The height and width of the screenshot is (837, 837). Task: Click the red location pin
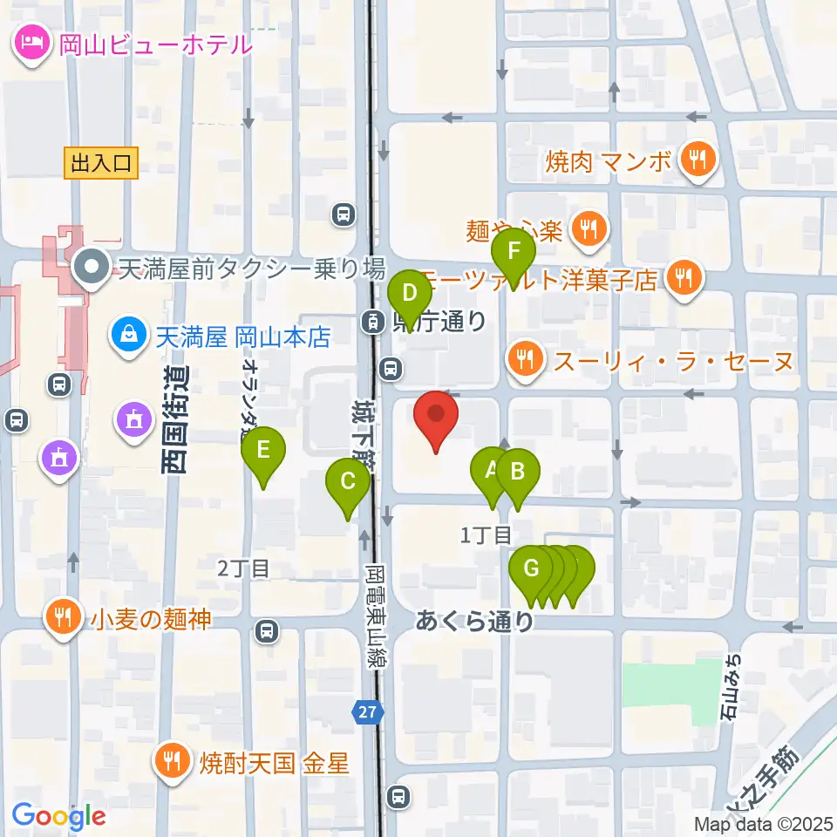click(435, 418)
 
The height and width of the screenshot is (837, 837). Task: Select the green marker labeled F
click(514, 255)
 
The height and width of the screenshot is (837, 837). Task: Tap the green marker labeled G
click(530, 571)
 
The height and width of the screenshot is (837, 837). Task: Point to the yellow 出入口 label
click(101, 162)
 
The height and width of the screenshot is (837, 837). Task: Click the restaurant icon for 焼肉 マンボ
click(697, 160)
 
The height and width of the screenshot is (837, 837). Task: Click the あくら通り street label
click(474, 621)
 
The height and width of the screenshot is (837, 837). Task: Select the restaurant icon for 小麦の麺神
click(63, 617)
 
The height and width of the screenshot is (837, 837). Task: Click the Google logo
click(59, 815)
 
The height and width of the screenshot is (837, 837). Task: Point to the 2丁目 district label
click(244, 568)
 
